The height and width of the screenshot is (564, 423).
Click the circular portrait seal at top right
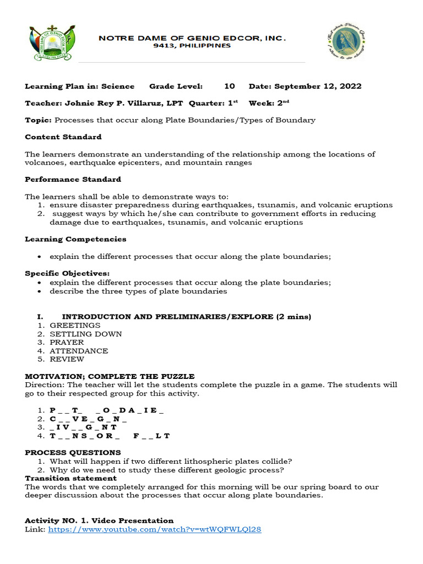(347, 44)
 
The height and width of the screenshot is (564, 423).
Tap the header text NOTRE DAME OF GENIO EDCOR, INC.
(192, 38)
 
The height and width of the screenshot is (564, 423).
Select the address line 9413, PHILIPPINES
(192, 46)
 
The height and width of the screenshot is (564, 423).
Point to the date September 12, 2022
(318, 86)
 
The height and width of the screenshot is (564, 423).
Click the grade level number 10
(230, 86)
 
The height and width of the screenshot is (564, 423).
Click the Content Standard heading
(63, 137)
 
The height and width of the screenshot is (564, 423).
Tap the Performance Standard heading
(73, 180)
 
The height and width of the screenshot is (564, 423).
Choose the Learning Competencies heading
(75, 239)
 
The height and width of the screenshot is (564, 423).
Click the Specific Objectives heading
(67, 274)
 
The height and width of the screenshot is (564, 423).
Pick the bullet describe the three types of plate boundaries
(138, 291)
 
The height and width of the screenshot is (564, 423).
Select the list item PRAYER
(67, 343)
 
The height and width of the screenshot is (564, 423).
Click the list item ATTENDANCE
(79, 351)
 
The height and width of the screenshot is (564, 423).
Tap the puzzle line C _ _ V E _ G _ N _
(88, 419)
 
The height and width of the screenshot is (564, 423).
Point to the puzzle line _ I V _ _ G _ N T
(83, 427)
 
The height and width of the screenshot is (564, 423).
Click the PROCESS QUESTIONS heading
(73, 453)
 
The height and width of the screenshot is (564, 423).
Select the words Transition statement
(70, 479)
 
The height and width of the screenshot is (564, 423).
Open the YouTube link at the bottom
(155, 529)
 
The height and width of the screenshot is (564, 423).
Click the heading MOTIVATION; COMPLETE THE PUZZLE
(110, 376)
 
